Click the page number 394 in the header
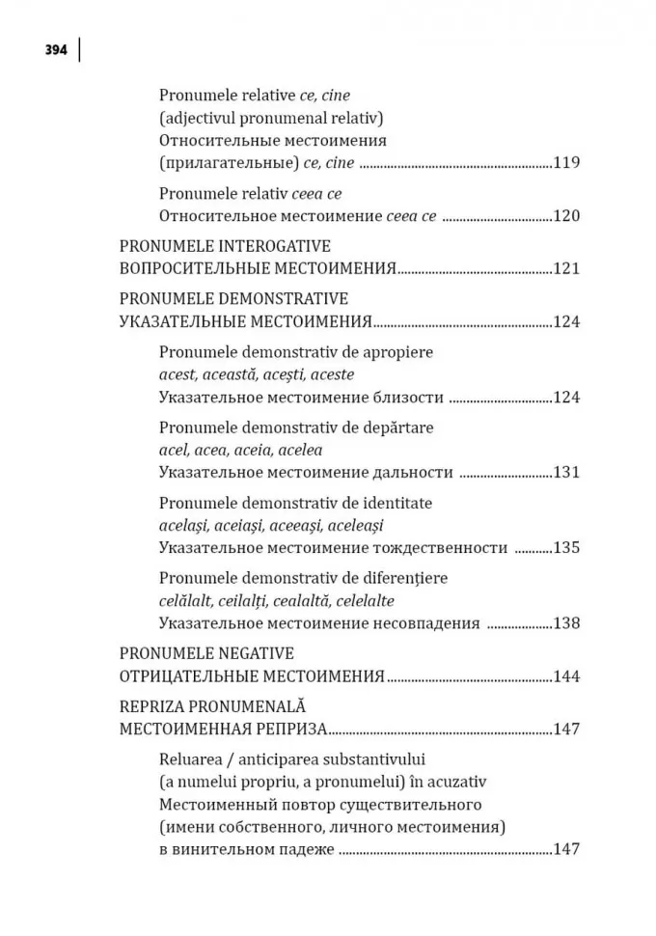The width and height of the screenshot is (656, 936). [x=55, y=51]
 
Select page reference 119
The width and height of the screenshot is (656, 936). [x=566, y=163]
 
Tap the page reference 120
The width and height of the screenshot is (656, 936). [x=566, y=215]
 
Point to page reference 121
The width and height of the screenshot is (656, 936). [x=566, y=268]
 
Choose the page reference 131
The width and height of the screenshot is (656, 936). [x=566, y=472]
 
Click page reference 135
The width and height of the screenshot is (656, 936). [x=566, y=547]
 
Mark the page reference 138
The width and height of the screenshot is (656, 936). [x=566, y=622]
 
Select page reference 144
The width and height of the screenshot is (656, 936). [x=566, y=675]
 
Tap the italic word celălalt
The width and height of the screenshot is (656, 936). [x=186, y=600]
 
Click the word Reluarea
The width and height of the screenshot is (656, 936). [x=190, y=758]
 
